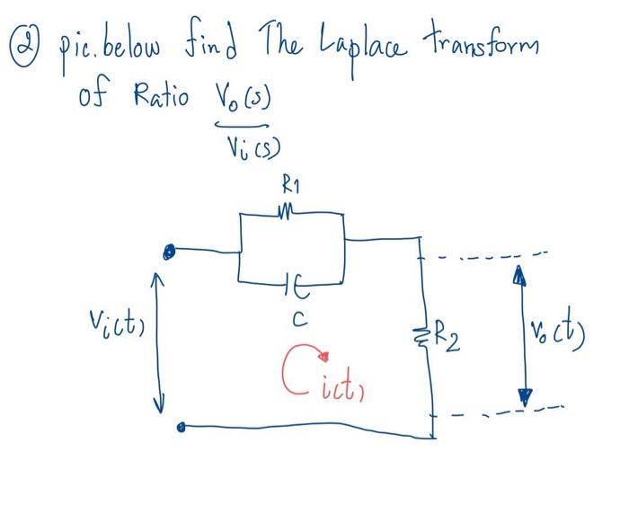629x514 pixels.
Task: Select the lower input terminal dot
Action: point(182,428)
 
